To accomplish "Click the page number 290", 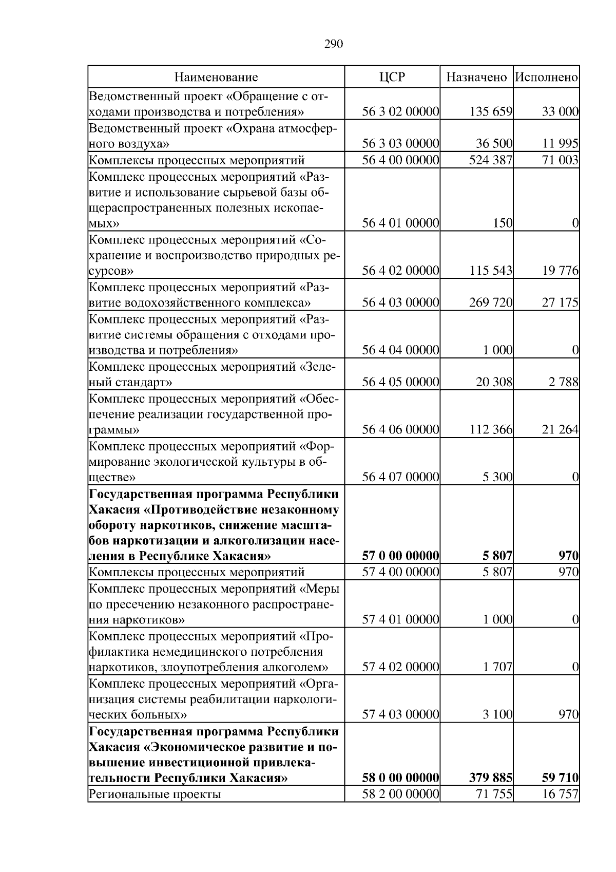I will tap(333, 44).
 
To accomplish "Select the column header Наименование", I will tap(216, 78).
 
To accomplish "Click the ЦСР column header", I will tap(392, 78).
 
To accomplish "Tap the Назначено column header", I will tap(476, 78).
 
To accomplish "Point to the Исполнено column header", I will tap(547, 78).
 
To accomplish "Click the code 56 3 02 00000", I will tap(400, 112).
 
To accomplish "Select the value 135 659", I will tap(491, 112).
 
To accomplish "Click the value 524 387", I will tap(491, 160).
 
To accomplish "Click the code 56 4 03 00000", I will tap(400, 302).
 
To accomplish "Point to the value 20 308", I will tap(494, 382).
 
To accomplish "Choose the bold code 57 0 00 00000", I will tap(400, 556).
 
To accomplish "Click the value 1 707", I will tap(497, 667).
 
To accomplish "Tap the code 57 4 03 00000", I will tap(400, 714).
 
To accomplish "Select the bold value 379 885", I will tap(491, 778).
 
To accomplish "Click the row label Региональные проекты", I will tap(155, 794).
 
